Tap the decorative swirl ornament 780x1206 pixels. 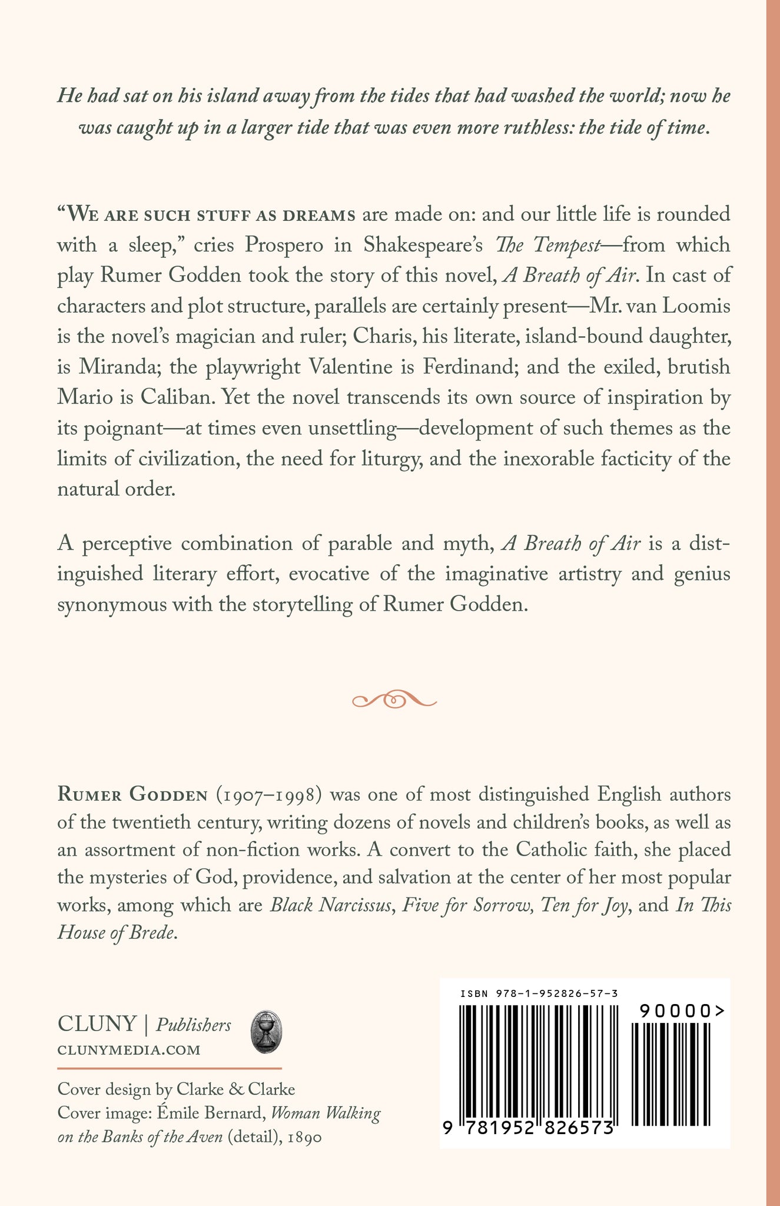tap(394, 700)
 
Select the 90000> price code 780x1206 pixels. tap(682, 1011)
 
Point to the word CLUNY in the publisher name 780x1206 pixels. tap(97, 1024)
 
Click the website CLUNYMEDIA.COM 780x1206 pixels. tap(129, 1049)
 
